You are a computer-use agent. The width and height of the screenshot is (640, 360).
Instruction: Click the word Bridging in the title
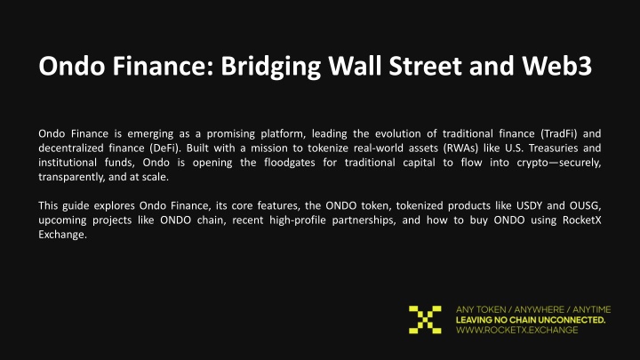(271, 67)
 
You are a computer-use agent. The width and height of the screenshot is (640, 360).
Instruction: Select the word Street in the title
(425, 66)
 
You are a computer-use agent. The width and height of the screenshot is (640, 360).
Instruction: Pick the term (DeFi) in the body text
(165, 148)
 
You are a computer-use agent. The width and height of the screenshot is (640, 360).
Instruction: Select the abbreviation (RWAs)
(460, 148)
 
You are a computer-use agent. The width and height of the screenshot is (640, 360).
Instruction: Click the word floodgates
(290, 163)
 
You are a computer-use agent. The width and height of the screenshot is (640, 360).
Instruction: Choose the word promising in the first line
(230, 134)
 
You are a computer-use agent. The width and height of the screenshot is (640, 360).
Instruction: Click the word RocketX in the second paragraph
(581, 220)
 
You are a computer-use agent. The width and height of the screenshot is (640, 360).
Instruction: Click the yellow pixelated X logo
(425, 320)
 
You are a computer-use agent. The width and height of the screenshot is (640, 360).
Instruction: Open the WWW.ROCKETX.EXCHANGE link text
(516, 330)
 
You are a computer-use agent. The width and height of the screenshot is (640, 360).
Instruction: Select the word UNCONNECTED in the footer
(572, 320)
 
